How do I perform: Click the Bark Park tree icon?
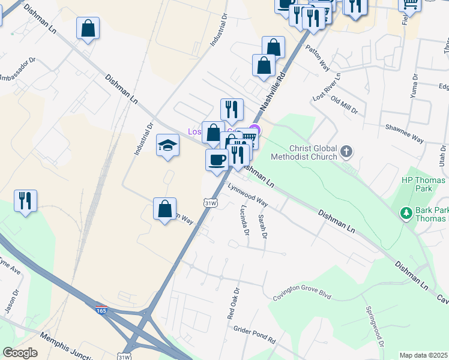point(406,213)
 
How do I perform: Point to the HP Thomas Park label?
point(423,184)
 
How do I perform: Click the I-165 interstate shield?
point(101,309)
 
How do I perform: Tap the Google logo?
point(20,353)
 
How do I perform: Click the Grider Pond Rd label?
point(254,329)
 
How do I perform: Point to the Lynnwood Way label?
point(247,196)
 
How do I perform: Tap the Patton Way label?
point(318,56)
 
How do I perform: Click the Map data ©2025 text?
point(423,355)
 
